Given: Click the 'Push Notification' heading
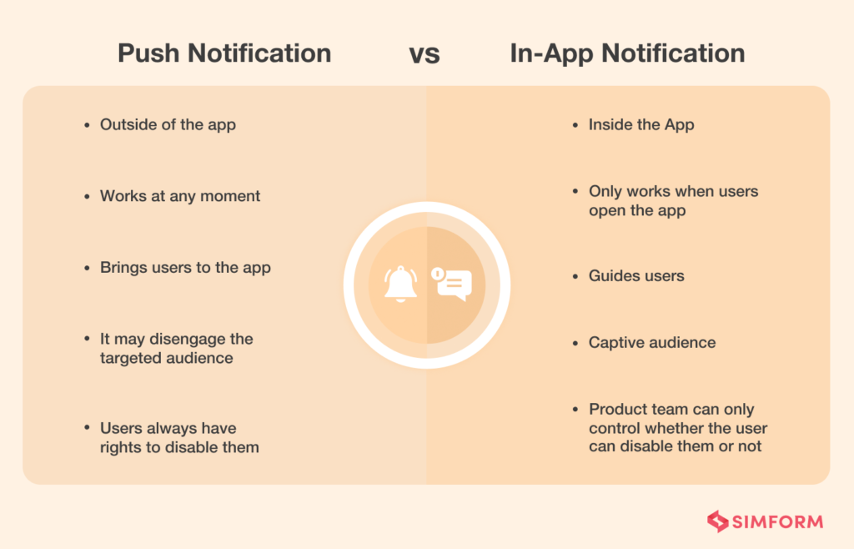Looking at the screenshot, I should tap(224, 53).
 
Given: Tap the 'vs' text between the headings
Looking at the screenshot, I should tap(424, 54).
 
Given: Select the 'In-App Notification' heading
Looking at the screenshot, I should tap(627, 53).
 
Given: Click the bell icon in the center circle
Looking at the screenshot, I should tap(400, 285).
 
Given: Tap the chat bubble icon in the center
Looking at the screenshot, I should tap(452, 285).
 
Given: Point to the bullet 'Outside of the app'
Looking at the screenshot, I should tap(168, 124).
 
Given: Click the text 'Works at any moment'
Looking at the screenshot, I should tap(180, 196).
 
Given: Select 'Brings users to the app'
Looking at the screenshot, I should tap(185, 268).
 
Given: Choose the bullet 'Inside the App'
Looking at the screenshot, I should tap(641, 124).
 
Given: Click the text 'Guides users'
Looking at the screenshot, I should tap(636, 275).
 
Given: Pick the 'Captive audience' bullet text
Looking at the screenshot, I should tap(652, 342).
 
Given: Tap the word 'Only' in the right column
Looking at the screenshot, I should tap(605, 191).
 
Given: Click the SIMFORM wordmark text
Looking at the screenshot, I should tap(778, 523).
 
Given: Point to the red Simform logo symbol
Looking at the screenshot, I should tap(717, 522).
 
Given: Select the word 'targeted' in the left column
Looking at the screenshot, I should tap(130, 358).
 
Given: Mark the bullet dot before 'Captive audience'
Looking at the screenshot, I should tap(576, 343).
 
